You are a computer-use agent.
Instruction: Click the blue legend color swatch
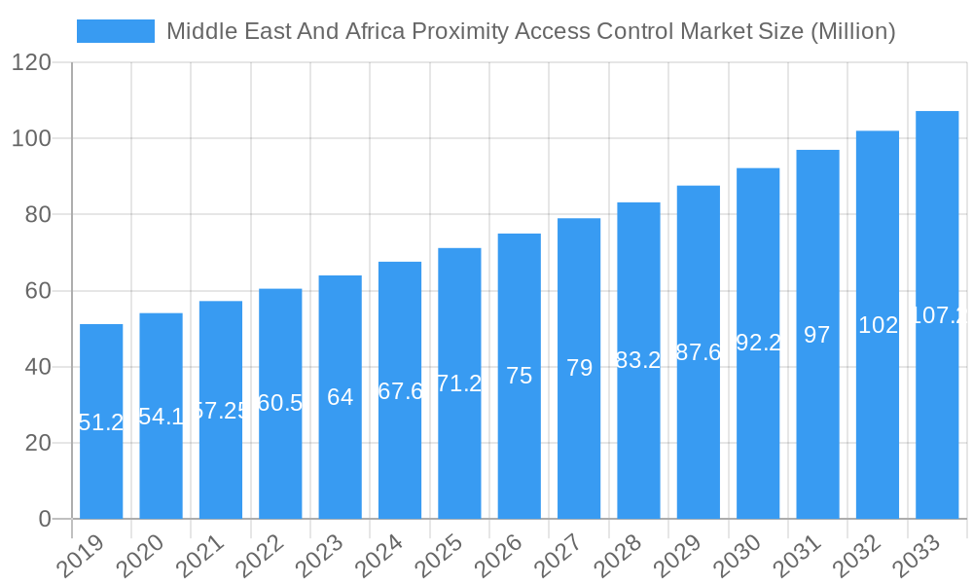(x=115, y=31)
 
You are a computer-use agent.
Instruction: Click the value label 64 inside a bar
(x=341, y=397)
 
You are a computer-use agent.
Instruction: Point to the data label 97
(x=817, y=335)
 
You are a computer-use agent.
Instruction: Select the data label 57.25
(x=221, y=411)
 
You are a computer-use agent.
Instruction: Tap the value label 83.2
(x=638, y=360)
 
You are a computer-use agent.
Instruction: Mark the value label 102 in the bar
(x=878, y=325)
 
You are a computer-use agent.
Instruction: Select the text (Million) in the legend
(x=852, y=31)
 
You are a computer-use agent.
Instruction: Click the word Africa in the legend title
(x=370, y=31)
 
